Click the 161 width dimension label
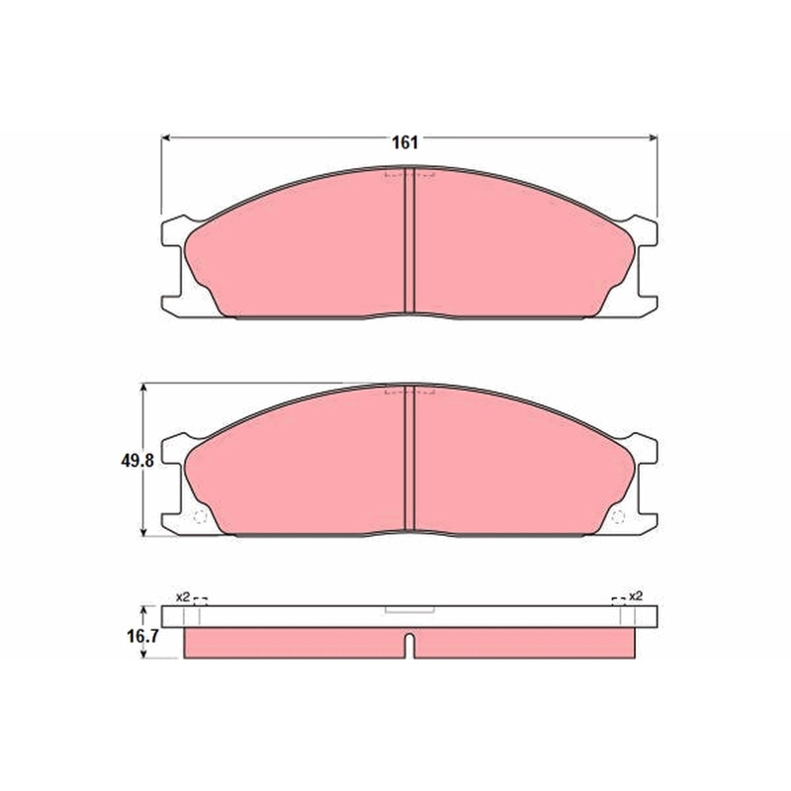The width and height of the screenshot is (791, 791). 405,142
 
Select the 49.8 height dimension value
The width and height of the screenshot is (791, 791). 137,460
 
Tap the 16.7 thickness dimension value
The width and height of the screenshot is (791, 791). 142,636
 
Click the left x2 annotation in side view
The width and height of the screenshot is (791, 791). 183,597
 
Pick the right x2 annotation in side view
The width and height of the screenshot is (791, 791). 636,596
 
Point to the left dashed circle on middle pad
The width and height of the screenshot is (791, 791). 201,517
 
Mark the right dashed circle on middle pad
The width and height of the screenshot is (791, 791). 618,517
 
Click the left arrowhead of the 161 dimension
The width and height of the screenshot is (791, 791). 165,137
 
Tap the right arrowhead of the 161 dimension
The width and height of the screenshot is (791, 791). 654,137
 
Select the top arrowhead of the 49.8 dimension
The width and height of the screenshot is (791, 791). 144,388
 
